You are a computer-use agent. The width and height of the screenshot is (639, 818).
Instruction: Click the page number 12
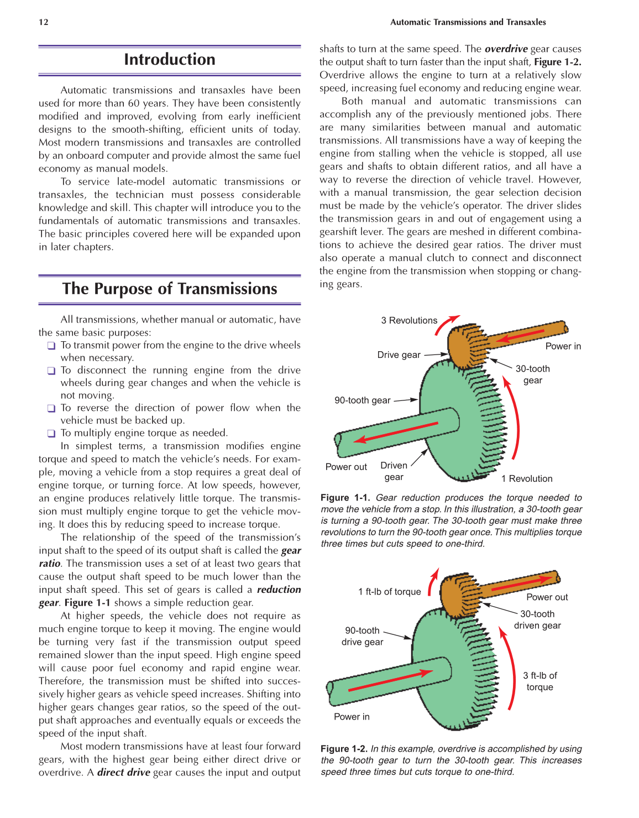[x=44, y=22]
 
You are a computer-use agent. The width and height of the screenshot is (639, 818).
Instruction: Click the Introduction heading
[x=169, y=60]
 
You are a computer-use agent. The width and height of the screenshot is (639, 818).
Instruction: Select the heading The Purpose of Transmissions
[x=169, y=289]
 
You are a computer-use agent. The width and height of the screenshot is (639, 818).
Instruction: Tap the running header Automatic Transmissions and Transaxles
[x=468, y=22]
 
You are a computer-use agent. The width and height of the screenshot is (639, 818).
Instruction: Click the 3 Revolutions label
[x=408, y=320]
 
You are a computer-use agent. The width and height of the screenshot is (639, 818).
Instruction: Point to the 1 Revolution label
[x=526, y=478]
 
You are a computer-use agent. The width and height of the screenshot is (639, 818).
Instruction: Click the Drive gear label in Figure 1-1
[x=399, y=355]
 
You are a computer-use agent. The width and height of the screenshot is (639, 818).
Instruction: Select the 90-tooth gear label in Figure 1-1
[x=362, y=400]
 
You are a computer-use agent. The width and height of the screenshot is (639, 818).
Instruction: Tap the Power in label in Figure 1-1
[x=563, y=346]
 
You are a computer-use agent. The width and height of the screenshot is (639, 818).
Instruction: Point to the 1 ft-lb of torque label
[x=389, y=591]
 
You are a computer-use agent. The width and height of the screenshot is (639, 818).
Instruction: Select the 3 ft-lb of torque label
[x=540, y=681]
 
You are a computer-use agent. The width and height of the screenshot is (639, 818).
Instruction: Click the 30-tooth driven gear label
[x=537, y=619]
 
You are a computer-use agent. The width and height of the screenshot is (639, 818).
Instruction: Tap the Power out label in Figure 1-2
[x=547, y=597]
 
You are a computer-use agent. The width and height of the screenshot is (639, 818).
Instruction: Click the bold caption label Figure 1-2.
[x=343, y=748]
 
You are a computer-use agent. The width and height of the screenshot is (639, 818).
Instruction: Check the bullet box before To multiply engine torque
[x=51, y=434]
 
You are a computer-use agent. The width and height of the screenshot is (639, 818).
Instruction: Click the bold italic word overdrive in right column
[x=506, y=49]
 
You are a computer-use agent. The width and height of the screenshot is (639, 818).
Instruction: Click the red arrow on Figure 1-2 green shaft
[x=390, y=681]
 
